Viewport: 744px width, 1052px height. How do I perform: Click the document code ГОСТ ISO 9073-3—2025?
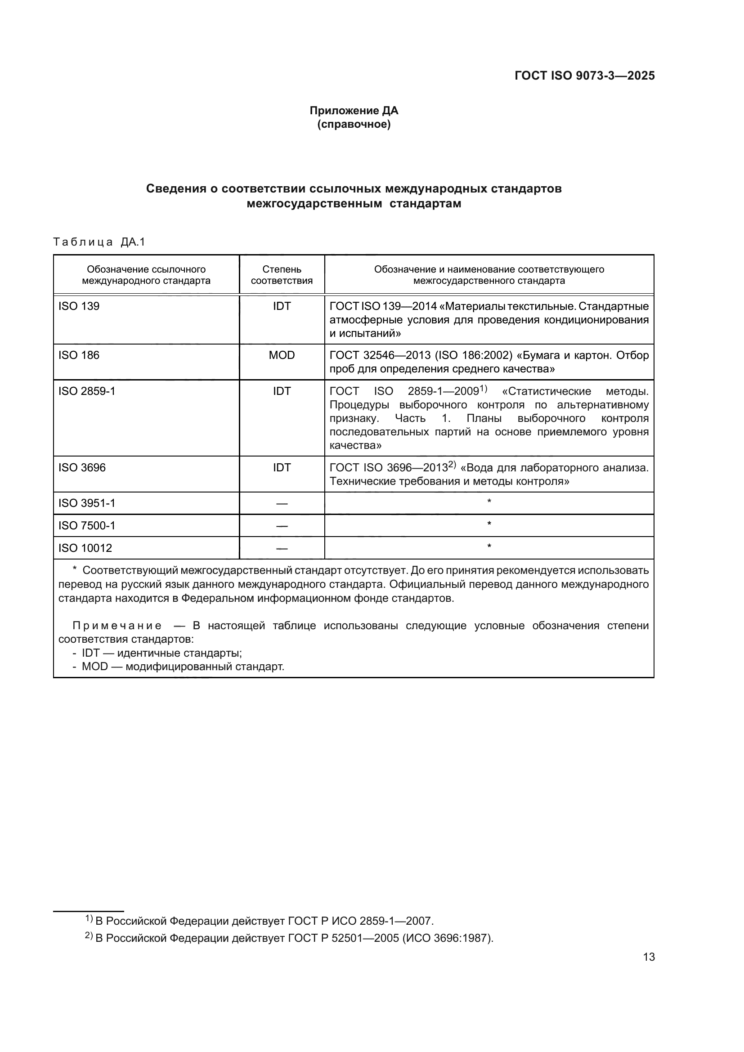(x=585, y=76)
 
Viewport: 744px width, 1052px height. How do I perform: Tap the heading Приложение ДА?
(x=354, y=111)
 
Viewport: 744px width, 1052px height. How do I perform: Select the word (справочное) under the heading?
(x=354, y=125)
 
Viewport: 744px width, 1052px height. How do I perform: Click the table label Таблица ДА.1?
(x=99, y=242)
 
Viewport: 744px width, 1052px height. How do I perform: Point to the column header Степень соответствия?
(x=281, y=275)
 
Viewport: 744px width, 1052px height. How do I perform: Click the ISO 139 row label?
(x=79, y=306)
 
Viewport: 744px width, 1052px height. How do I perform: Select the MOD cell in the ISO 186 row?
(x=281, y=355)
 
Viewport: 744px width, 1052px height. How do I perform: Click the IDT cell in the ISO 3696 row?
(x=281, y=467)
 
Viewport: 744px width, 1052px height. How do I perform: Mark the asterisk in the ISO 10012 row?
(x=489, y=546)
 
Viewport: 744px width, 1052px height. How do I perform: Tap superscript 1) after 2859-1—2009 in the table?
(x=483, y=389)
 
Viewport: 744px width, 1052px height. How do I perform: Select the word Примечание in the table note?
(x=117, y=626)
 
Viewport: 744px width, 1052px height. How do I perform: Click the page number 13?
(x=649, y=957)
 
